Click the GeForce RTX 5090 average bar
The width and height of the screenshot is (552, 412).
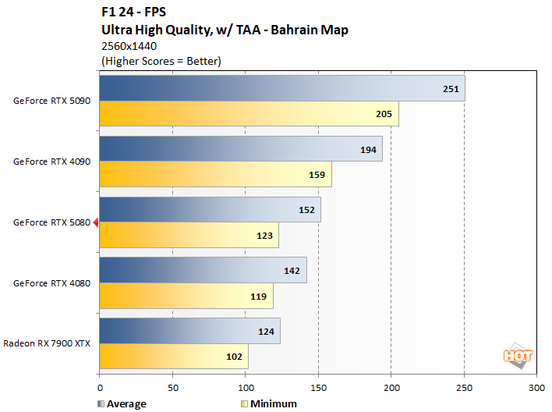(281, 88)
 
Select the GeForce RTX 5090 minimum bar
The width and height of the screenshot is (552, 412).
(249, 114)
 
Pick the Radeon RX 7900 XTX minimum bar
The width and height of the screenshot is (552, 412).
(173, 356)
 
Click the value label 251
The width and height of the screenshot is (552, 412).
(451, 89)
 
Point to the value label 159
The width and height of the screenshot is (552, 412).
(317, 175)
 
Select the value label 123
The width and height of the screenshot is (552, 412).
(264, 235)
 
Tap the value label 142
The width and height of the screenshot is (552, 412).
(292, 271)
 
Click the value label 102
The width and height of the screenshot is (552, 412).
(233, 357)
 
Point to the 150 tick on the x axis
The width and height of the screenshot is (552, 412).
(318, 387)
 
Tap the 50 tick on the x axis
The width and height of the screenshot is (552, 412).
(172, 387)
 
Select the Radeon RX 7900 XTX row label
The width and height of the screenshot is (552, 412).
(48, 343)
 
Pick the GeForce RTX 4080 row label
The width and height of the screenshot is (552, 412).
(52, 283)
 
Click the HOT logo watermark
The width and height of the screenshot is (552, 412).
(518, 355)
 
